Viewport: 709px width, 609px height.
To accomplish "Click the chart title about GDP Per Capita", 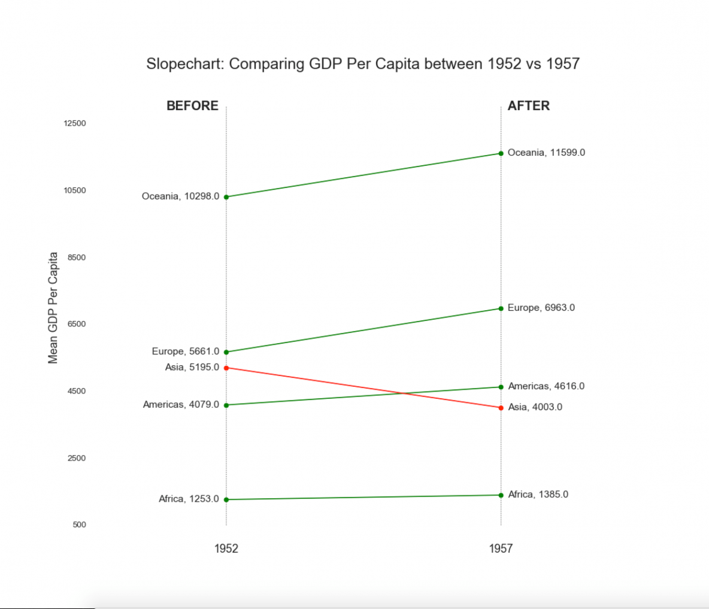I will point(363,64).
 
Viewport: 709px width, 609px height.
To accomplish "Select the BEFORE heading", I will point(192,106).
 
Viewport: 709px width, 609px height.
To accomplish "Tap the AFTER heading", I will point(528,106).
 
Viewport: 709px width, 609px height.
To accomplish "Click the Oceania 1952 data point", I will point(226,197).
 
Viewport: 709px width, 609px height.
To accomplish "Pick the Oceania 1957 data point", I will point(501,153).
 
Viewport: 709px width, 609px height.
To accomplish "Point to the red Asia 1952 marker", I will point(226,368).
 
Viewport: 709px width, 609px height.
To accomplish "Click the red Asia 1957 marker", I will point(501,408).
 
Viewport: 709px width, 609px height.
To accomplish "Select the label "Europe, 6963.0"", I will point(541,308).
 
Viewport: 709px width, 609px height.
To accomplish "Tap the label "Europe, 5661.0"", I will point(186,352).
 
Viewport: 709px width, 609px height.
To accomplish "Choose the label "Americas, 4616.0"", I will point(546,386).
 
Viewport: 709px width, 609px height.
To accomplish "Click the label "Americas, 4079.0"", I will point(181,405).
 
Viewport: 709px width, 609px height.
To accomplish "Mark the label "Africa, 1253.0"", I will point(189,499).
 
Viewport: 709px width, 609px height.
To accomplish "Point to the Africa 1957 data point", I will point(501,495).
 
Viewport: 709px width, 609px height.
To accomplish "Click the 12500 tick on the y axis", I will point(75,123).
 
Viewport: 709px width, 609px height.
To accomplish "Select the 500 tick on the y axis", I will point(79,525).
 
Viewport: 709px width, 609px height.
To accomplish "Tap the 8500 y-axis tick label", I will point(76,257).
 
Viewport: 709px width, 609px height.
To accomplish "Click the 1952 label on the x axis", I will point(226,549).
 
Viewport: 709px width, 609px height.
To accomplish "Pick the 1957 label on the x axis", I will point(501,549).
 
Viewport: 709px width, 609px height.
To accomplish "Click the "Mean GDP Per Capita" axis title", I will point(53,308).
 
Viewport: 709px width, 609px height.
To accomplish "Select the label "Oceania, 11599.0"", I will point(546,153).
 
